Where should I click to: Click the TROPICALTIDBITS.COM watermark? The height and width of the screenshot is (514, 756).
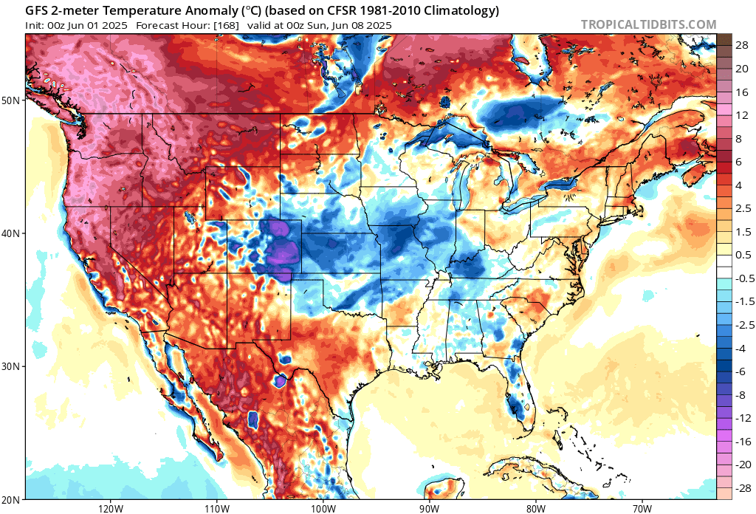pyautogui.click(x=648, y=24)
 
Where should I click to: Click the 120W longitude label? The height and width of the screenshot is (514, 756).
pyautogui.click(x=110, y=508)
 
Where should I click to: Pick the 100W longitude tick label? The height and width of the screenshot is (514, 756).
pyautogui.click(x=323, y=508)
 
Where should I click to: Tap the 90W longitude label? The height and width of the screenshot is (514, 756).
pyautogui.click(x=429, y=508)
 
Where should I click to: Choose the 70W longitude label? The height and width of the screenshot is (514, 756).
pyautogui.click(x=642, y=508)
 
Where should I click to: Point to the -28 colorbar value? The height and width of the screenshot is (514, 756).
pyautogui.click(x=741, y=487)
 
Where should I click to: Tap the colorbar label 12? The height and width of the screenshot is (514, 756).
pyautogui.click(x=740, y=115)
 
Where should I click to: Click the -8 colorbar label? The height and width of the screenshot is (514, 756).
pyautogui.click(x=740, y=394)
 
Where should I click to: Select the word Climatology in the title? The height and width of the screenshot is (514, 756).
pyautogui.click(x=462, y=10)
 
